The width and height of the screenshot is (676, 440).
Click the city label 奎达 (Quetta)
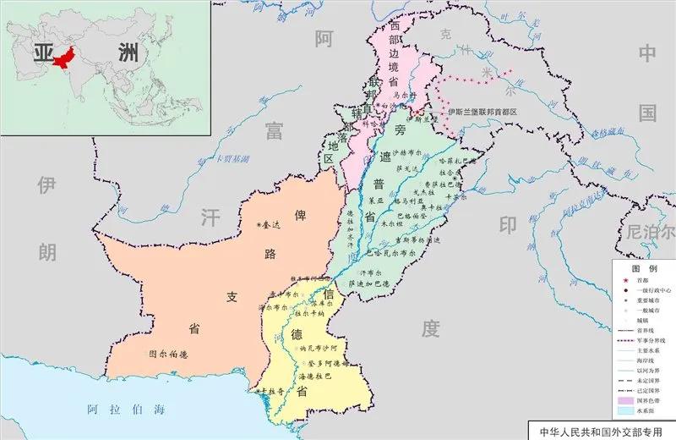point(274,224)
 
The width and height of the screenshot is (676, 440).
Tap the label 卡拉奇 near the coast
point(268,391)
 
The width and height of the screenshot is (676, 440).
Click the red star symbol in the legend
point(626,279)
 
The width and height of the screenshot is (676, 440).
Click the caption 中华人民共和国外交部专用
point(601,432)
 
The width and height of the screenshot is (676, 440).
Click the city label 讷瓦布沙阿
point(320,348)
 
